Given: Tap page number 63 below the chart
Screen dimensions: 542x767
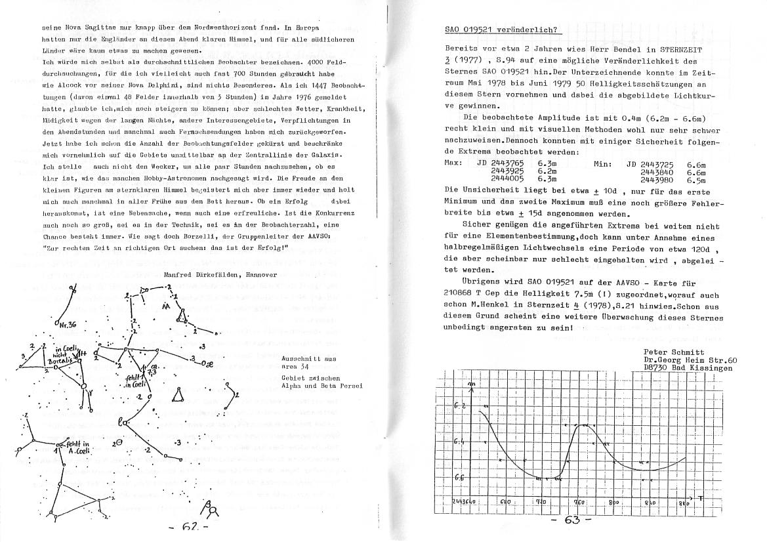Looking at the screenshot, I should coord(570,521).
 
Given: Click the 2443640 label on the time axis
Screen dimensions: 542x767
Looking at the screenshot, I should coord(466,501).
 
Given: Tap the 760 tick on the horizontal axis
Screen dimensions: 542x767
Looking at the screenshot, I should coord(579,502).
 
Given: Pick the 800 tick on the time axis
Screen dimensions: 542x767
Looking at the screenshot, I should coord(615,502).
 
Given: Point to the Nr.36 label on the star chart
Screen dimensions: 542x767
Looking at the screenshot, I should coord(67,325).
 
